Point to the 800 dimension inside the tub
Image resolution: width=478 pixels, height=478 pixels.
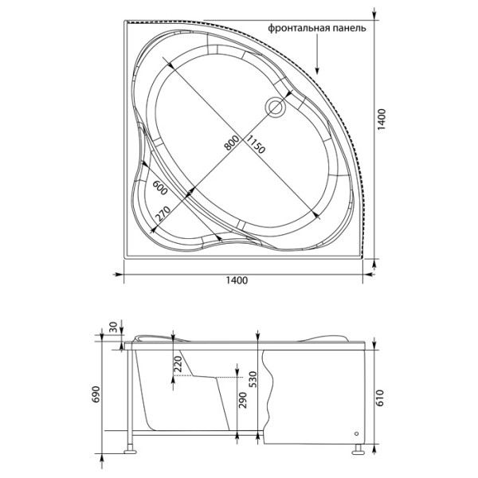click(232, 143)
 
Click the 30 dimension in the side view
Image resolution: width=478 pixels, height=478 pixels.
click(112, 327)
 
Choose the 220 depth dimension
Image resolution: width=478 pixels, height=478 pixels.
click(177, 367)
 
